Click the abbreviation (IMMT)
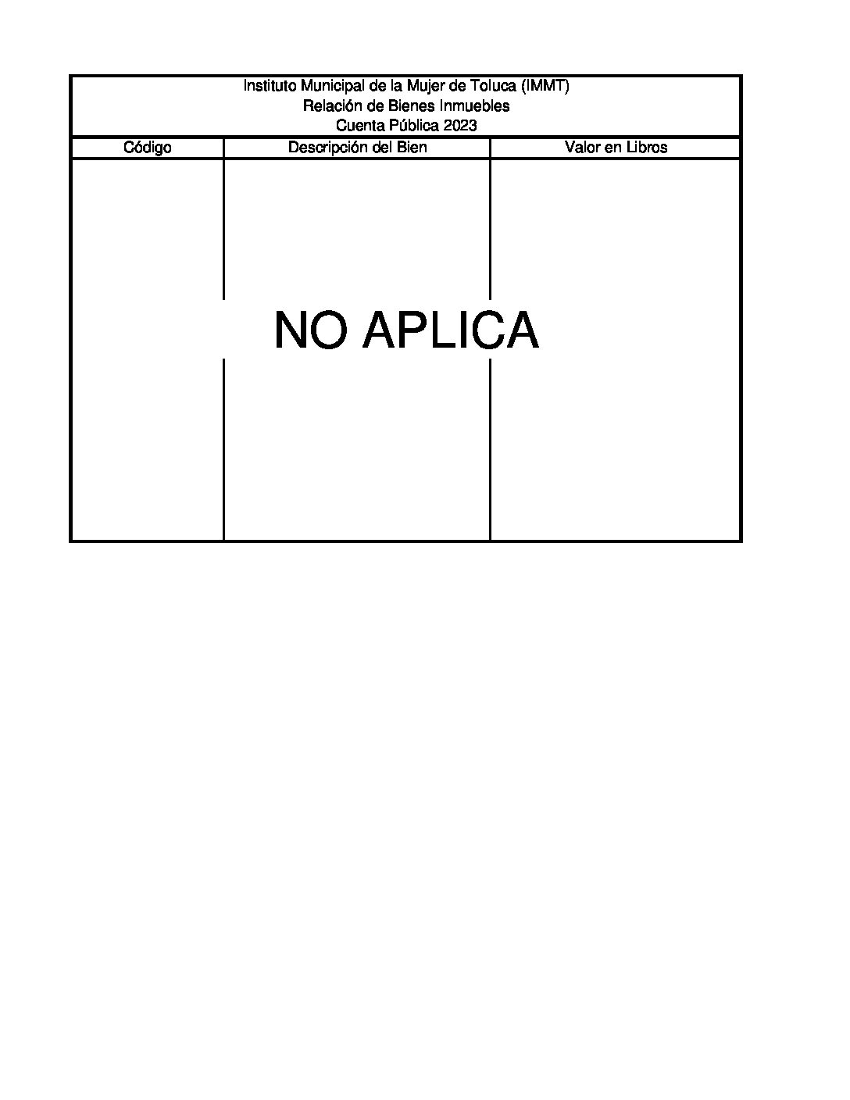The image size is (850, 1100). [545, 87]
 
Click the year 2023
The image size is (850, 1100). [460, 126]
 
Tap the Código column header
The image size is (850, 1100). [148, 148]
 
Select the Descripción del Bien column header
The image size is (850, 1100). [357, 148]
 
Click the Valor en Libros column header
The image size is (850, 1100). [616, 148]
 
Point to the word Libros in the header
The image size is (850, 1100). [647, 148]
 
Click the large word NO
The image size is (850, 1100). [312, 330]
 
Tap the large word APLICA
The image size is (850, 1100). [451, 330]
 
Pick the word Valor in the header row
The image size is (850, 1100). [581, 148]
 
